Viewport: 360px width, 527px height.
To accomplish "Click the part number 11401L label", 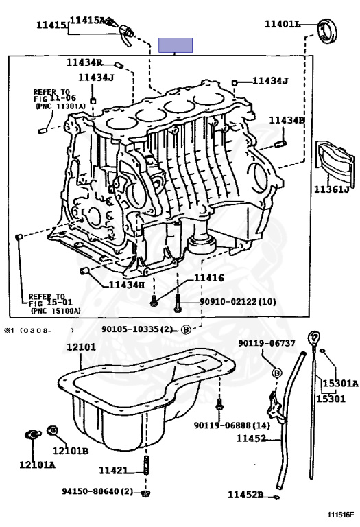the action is [283, 24].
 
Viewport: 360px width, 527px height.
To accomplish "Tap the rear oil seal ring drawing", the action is [327, 32].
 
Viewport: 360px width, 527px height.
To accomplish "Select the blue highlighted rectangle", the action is [176, 45].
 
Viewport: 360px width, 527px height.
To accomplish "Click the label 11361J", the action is [331, 189].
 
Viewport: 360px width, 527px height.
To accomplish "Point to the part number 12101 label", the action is [81, 347].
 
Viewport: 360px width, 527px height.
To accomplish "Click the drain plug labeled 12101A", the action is [33, 435].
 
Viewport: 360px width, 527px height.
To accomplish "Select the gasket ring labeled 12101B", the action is [52, 430].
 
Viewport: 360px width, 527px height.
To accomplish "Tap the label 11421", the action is [113, 470].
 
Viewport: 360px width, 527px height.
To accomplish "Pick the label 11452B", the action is [245, 495].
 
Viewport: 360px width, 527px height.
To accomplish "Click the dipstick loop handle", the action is [314, 337].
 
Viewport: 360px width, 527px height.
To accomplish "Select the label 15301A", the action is [341, 383].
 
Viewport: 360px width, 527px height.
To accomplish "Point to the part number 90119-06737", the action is [267, 343].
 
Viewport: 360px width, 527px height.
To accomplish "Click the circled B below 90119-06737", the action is [277, 373].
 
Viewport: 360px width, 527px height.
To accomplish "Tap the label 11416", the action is [208, 278].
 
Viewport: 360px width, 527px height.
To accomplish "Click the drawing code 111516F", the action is [341, 515].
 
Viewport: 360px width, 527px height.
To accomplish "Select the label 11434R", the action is [84, 62].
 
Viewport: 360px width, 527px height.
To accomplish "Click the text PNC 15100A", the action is [56, 311].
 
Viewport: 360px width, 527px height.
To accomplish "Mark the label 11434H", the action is [127, 285].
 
